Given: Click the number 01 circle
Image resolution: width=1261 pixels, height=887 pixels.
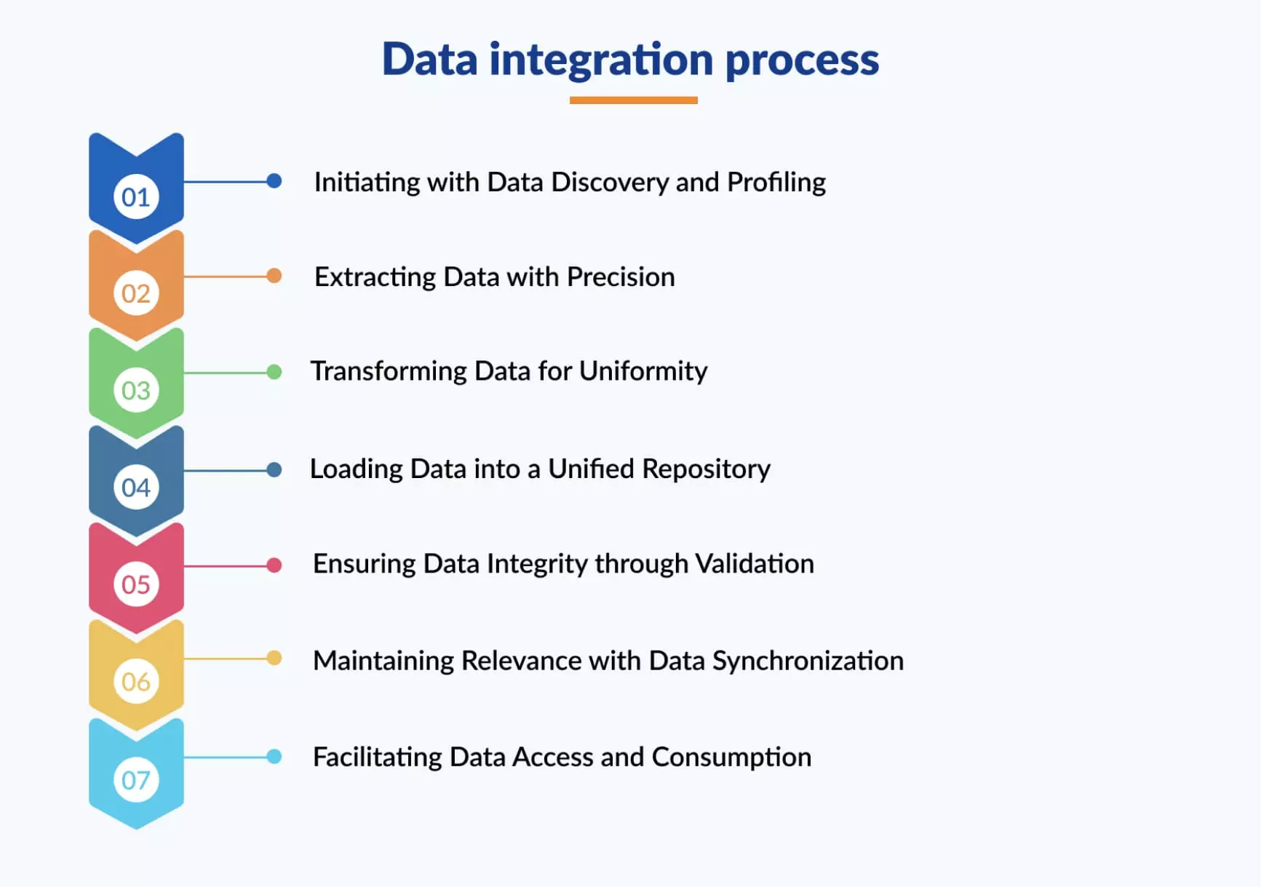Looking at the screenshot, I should (136, 196).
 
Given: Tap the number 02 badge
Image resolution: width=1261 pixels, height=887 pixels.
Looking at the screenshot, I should (136, 293).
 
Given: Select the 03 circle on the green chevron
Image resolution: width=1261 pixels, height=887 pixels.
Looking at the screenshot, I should (136, 390).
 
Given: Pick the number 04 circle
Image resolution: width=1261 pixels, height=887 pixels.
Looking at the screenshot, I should (136, 487).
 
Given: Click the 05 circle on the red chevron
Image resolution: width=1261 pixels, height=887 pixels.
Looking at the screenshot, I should (136, 584).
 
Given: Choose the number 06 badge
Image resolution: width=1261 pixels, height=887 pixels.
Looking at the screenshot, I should (136, 681).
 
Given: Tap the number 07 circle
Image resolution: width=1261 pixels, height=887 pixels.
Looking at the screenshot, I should (136, 780).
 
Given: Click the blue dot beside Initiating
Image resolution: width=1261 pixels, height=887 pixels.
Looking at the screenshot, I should (274, 181).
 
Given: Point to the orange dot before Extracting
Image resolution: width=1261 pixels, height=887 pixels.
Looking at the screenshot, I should (274, 276).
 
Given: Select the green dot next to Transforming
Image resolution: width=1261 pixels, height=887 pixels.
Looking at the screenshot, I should (274, 372).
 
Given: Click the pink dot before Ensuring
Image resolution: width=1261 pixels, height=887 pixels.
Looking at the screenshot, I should (274, 565).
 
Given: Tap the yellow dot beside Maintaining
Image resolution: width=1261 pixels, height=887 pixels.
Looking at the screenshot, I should (274, 659).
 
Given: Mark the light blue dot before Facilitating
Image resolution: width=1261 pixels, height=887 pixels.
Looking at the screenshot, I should (274, 757).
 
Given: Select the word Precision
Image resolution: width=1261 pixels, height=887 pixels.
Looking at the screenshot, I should (621, 277).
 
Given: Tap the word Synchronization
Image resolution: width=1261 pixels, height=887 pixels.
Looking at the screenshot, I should (808, 661).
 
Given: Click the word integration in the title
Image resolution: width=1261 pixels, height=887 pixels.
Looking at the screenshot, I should (601, 60).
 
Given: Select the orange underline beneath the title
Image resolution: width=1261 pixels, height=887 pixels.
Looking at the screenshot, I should (633, 100).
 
